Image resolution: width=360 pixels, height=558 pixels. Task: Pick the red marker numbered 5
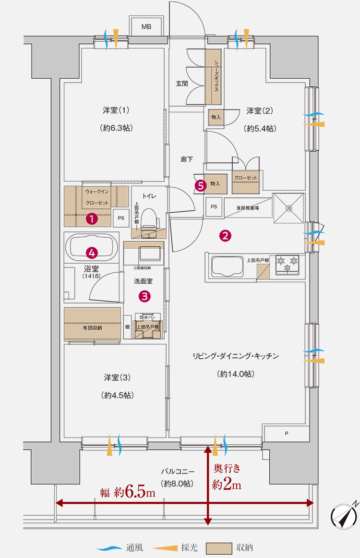pos(201,184)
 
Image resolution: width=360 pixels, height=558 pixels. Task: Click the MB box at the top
pos(146,27)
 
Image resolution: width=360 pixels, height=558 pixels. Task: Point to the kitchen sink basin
pos(222,266)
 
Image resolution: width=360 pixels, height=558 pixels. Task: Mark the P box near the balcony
pos(287,434)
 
